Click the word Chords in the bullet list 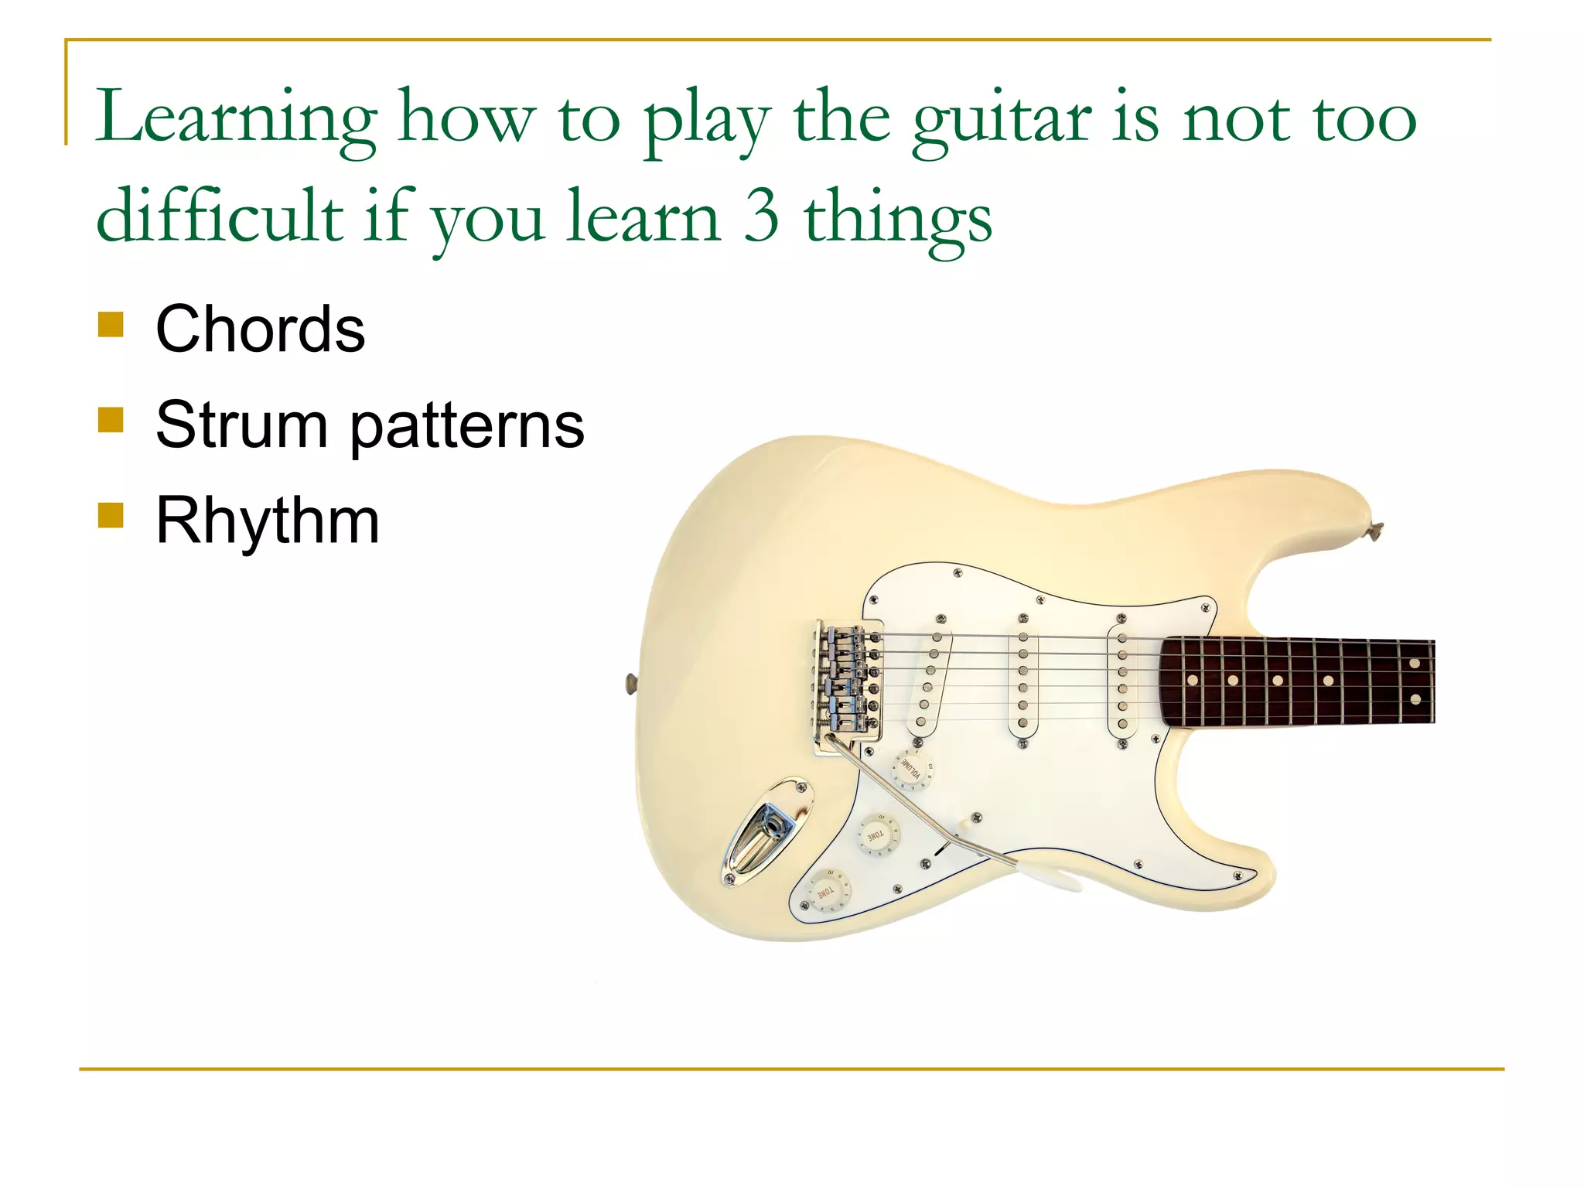coord(260,329)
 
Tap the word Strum coord(241,425)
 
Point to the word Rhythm coord(268,521)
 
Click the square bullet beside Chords coord(111,325)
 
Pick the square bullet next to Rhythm coord(111,515)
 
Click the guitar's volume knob coord(913,769)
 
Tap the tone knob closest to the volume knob coord(878,835)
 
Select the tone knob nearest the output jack coord(828,891)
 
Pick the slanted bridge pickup coord(928,679)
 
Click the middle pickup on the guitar coord(1022,679)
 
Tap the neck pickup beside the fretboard coord(1122,679)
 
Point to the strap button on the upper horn coord(1375,531)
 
